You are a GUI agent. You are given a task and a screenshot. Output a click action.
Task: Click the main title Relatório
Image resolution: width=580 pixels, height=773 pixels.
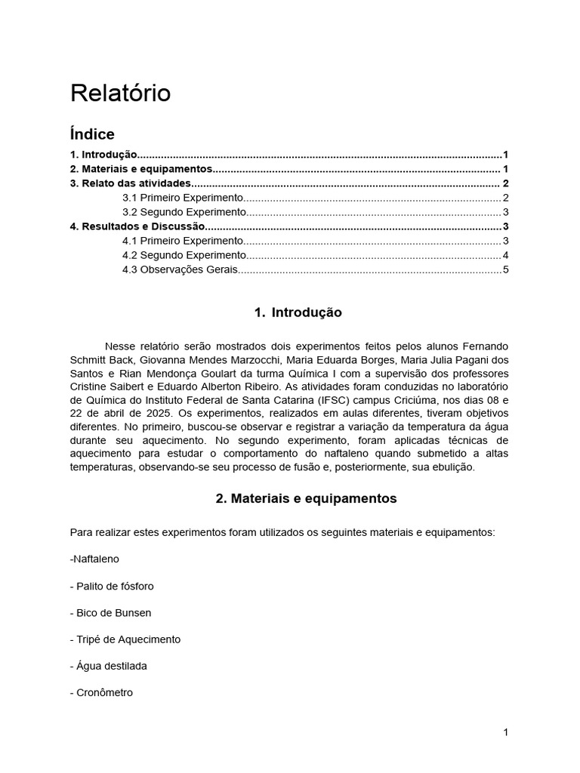pos(121,94)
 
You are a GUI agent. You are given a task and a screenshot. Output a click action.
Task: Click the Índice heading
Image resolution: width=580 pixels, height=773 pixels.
pos(92,134)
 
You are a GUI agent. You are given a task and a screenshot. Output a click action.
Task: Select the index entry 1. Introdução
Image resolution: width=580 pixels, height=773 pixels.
pos(103,155)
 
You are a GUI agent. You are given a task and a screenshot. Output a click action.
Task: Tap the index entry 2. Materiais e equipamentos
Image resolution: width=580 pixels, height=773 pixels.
pos(141,169)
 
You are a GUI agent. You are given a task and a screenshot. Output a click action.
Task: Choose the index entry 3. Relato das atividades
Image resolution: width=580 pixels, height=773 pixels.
pos(131,183)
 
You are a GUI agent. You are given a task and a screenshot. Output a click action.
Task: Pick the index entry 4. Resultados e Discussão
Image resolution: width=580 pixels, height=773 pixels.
pos(137,226)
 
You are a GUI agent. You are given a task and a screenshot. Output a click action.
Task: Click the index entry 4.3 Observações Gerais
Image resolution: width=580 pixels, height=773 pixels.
pos(180,269)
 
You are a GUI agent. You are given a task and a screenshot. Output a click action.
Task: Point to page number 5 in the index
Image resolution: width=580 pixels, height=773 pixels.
pos(505,269)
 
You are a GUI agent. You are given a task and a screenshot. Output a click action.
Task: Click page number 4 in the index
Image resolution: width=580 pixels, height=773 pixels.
pos(505,255)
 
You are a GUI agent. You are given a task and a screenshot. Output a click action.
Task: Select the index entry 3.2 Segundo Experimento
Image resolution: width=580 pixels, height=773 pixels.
pos(184,212)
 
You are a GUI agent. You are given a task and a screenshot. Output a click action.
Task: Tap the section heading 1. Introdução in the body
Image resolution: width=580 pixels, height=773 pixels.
pos(298,313)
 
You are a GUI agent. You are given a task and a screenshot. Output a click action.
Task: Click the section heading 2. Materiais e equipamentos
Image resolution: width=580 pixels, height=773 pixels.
pos(306,499)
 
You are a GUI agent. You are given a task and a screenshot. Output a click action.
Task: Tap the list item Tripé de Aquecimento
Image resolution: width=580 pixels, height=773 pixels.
pos(125,639)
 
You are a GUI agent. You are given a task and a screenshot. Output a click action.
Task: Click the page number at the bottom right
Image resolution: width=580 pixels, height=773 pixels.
pos(505,732)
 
